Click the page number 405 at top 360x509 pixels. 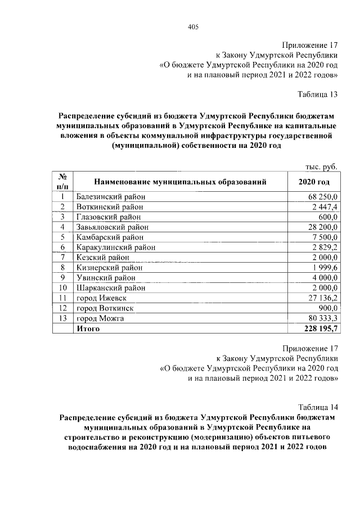193,26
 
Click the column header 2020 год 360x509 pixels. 314,182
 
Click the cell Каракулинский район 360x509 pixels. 115,247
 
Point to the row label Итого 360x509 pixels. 88,328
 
